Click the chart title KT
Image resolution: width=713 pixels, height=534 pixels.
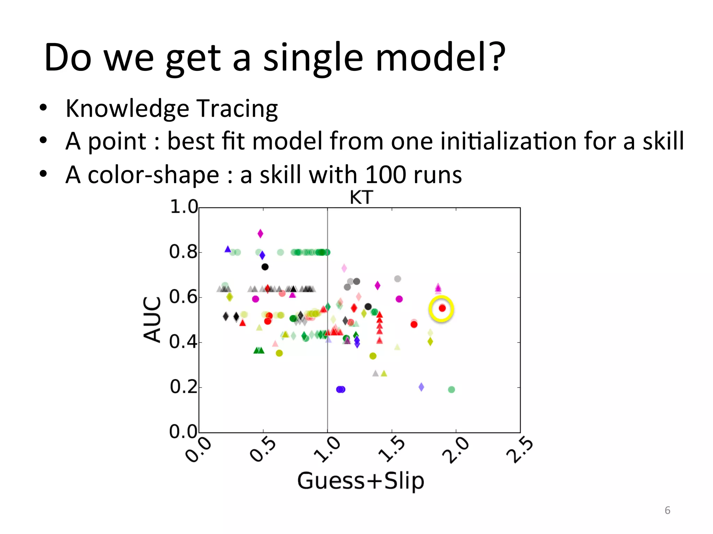[x=361, y=197]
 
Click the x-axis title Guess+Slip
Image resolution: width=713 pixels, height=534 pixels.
[x=361, y=481]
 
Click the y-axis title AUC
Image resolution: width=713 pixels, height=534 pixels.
[x=152, y=319]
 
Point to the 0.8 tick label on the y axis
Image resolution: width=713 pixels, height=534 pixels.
[x=183, y=252]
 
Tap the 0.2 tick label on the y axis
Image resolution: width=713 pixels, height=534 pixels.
[x=183, y=387]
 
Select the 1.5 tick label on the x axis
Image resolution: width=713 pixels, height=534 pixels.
[x=392, y=450]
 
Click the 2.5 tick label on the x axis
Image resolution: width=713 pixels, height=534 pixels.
[x=519, y=450]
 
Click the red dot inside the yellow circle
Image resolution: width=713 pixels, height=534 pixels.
[x=442, y=308]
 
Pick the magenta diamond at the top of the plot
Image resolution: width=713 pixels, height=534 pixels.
[x=260, y=234]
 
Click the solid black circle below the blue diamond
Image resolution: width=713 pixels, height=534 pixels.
[x=265, y=267]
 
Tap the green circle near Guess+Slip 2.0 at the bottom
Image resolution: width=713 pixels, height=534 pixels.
[x=451, y=389]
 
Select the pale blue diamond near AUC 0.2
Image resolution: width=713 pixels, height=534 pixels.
[x=421, y=387]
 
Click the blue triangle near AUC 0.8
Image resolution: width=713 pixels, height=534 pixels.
[x=228, y=249]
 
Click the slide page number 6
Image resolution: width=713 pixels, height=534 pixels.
[x=667, y=510]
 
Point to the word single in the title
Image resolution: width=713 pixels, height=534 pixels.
[x=313, y=57]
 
